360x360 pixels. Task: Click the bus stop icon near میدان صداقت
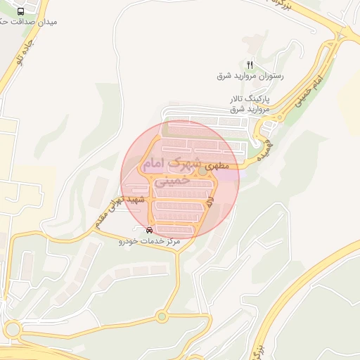(20, 12)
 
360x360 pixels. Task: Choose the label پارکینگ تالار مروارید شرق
(250, 104)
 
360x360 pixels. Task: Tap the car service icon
(148, 230)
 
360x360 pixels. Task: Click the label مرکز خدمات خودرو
(149, 241)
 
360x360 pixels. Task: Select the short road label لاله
(210, 203)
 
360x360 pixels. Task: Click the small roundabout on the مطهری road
(202, 171)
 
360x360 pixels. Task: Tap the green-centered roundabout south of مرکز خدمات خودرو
(162, 316)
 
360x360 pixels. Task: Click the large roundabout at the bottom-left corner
(12, 329)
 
